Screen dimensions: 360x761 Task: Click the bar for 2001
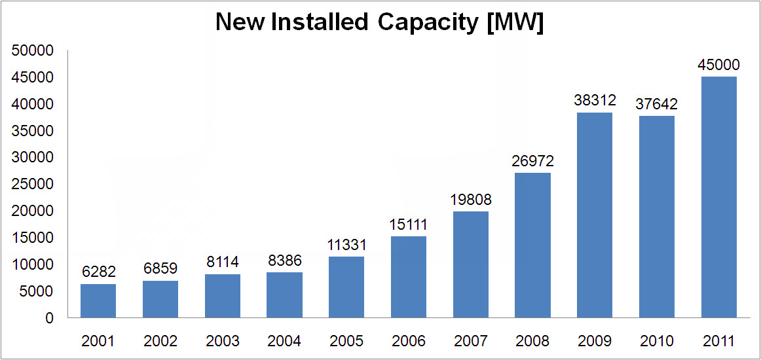coord(98,301)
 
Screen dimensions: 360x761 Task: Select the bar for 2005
coord(346,287)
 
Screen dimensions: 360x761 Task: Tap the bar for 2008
coord(532,245)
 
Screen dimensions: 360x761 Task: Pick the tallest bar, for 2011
coord(718,197)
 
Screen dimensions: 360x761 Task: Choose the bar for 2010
coord(657,217)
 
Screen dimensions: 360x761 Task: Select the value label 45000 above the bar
coord(718,65)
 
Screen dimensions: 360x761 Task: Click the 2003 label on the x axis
coord(222,341)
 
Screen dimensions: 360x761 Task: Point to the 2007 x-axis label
coord(470,341)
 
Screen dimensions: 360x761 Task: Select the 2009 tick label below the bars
coord(595,341)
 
